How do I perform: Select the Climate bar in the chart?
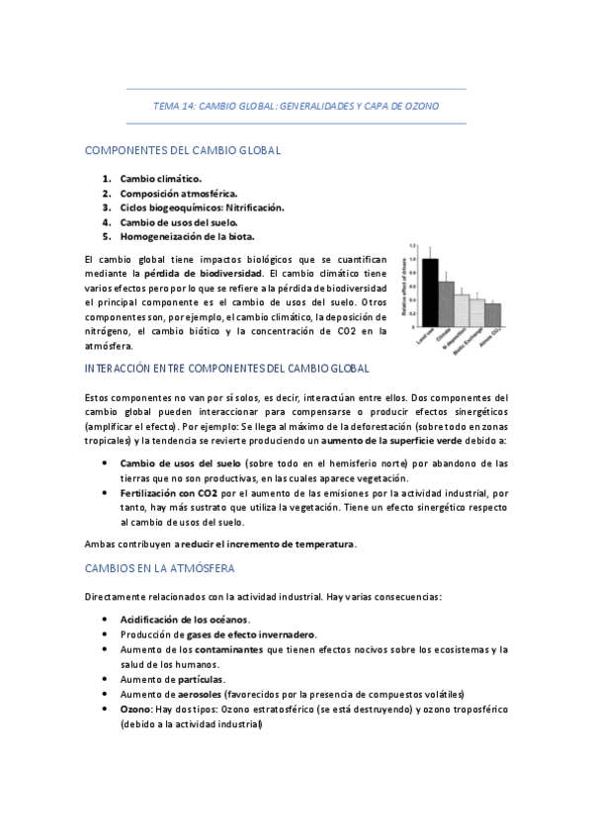[x=446, y=304]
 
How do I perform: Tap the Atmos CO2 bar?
[x=493, y=314]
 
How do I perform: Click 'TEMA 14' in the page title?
[x=174, y=105]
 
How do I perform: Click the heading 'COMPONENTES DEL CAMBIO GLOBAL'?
[x=184, y=150]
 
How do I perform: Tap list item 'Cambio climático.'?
[x=160, y=179]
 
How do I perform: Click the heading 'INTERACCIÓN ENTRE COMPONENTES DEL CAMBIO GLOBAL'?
[x=228, y=369]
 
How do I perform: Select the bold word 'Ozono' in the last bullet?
[x=136, y=709]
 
